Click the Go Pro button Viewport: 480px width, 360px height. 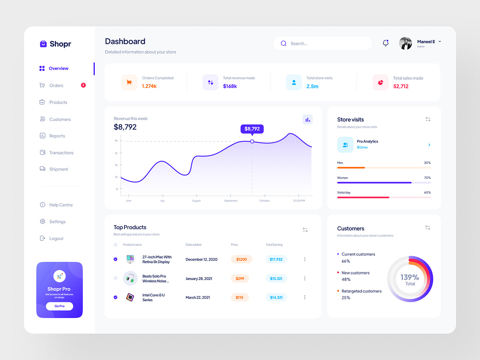tap(59, 306)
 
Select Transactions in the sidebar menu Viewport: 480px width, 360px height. tap(61, 153)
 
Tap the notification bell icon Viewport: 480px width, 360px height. tap(386, 43)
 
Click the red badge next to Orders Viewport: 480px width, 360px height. tap(83, 85)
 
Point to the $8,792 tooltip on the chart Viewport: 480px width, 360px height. tap(252, 129)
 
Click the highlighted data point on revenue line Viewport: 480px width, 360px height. tap(252, 142)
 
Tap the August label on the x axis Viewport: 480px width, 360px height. tap(196, 201)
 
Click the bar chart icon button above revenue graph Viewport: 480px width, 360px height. tap(308, 119)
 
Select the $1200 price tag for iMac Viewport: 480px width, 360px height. tap(242, 259)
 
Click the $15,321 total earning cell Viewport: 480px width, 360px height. tap(276, 278)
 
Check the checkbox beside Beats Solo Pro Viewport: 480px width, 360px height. tap(116, 278)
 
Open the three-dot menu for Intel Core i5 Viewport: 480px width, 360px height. tap(305, 297)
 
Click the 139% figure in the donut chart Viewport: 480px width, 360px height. tap(410, 277)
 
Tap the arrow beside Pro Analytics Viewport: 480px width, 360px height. tap(429, 145)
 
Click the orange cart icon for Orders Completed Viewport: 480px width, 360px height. tap(129, 82)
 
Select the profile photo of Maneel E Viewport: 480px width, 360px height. tap(405, 43)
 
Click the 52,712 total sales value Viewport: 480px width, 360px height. tap(401, 86)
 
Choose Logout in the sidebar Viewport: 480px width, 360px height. tap(56, 238)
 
